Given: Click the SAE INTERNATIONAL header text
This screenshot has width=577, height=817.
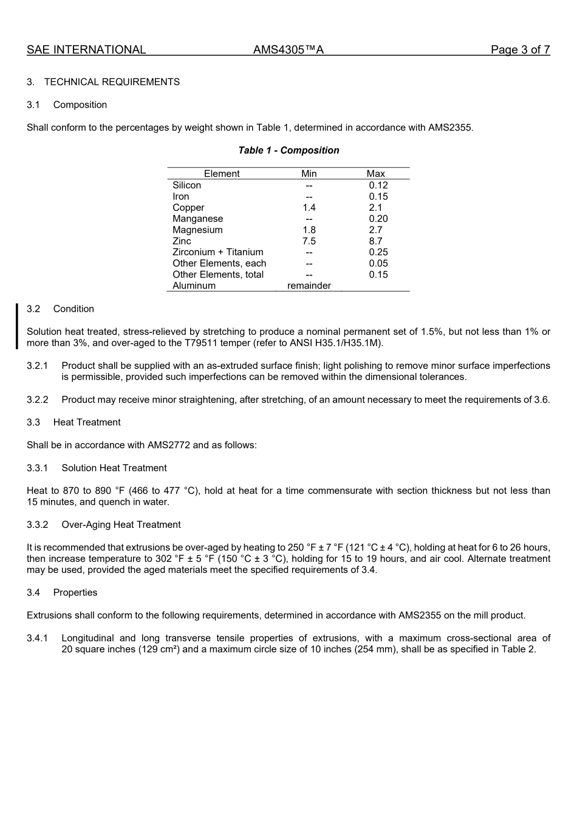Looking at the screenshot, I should [x=86, y=50].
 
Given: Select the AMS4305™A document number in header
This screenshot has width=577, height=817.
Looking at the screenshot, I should [x=288, y=50].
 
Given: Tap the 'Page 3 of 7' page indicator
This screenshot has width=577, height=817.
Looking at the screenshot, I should [x=520, y=50].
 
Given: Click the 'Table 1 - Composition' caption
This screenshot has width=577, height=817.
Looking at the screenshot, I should [x=288, y=151].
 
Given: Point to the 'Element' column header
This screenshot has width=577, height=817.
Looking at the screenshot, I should [x=222, y=174].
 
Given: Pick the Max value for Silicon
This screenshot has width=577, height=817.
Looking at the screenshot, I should [x=378, y=185].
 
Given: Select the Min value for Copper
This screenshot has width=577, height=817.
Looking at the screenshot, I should [x=309, y=208].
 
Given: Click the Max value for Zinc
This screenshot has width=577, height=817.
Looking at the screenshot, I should [x=375, y=241].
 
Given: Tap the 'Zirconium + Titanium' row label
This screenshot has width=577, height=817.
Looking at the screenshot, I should [x=218, y=252].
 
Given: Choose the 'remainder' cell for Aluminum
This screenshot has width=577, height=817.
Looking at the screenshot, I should [x=309, y=285].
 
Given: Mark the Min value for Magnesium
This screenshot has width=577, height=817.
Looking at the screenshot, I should [x=309, y=230].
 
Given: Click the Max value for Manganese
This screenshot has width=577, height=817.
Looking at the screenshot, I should [x=378, y=219].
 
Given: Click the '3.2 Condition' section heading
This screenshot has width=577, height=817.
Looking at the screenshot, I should [x=61, y=309].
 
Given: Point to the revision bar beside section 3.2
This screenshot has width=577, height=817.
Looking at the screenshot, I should [x=17, y=326].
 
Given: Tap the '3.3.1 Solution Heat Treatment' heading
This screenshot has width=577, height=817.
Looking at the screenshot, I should [x=97, y=468].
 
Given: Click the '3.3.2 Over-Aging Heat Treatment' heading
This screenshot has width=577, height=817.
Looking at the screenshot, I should [x=104, y=525].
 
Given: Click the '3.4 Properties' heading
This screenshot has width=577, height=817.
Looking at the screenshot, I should [x=62, y=593].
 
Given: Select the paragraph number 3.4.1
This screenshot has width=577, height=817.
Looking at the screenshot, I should [x=37, y=638].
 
